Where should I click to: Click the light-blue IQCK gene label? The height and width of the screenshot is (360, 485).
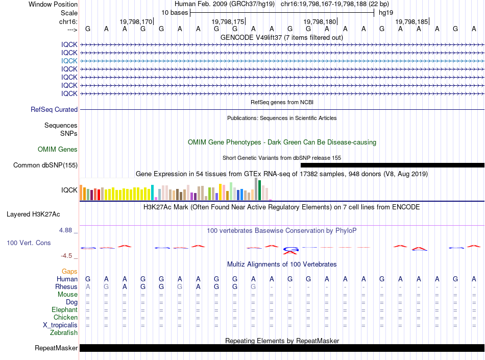(69, 61)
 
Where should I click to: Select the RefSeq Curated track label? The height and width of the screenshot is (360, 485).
(54, 109)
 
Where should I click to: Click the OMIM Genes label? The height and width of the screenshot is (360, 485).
(58, 150)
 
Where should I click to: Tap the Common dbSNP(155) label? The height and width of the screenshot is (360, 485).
(45, 165)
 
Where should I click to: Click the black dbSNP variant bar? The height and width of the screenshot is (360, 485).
(393, 165)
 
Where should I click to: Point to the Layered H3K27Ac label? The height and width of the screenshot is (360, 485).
(33, 214)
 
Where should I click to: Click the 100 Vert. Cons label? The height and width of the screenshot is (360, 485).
(29, 243)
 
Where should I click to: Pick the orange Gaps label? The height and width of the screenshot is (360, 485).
(69, 271)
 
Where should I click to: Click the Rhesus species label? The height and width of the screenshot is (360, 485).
(66, 286)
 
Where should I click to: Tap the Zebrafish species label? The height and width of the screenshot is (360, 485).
(64, 333)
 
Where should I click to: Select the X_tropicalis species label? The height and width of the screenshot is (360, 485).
(60, 325)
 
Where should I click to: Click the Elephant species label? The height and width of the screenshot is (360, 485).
(65, 309)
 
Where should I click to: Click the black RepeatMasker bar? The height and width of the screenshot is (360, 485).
(282, 348)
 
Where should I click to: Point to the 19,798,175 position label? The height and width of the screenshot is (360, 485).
(228, 21)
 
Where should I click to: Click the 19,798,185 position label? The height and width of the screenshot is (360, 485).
(412, 21)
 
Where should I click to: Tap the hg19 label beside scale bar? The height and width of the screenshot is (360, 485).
(386, 13)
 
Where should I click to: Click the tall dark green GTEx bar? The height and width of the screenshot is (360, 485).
(260, 190)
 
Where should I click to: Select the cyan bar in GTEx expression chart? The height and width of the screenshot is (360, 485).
(152, 193)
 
